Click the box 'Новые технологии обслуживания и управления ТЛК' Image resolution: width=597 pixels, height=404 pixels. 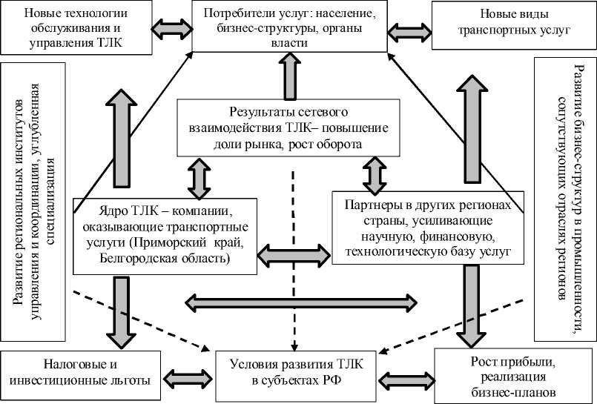(x=76, y=27)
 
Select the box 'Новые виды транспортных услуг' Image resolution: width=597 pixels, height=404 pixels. (x=514, y=25)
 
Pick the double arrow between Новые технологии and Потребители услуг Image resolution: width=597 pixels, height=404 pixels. (x=172, y=27)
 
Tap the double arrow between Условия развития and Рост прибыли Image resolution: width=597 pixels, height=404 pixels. (x=406, y=380)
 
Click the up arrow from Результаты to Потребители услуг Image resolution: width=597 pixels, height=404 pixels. (x=290, y=76)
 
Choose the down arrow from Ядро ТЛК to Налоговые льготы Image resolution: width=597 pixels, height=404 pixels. (x=122, y=312)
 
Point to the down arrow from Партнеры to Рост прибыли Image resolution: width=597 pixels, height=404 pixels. (x=472, y=305)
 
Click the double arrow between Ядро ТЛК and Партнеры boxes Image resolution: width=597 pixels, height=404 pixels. (x=294, y=255)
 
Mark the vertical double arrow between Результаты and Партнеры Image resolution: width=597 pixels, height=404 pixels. (x=375, y=176)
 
